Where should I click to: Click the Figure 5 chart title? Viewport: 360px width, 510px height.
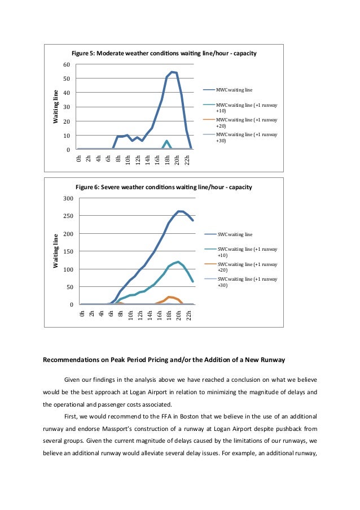[164, 53]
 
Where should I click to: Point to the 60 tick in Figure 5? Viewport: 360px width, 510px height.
[67, 64]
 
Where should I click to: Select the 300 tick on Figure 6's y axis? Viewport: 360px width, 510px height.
[68, 198]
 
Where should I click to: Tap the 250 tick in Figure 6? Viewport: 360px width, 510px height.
[68, 216]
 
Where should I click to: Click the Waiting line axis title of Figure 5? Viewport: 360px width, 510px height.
[55, 107]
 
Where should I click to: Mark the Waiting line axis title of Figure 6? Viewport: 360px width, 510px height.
[55, 251]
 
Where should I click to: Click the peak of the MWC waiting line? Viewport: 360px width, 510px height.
[172, 72]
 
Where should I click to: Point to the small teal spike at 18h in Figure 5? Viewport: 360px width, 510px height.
[167, 141]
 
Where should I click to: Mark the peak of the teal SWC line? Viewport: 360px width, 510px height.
[178, 261]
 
